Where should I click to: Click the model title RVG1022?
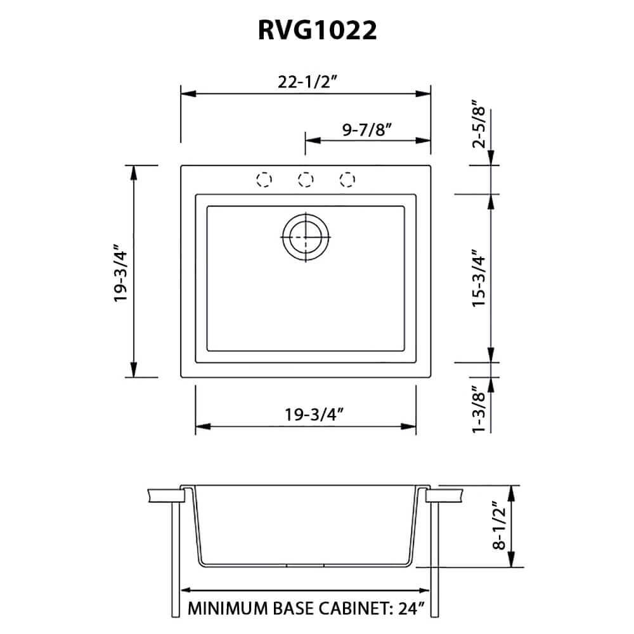pos(317,30)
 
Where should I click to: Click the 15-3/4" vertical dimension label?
pos(480,278)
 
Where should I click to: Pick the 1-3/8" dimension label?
pos(480,410)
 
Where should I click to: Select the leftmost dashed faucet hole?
pos(264,179)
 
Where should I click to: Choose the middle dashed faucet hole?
pos(306,179)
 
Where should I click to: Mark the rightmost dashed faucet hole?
pos(347,179)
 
